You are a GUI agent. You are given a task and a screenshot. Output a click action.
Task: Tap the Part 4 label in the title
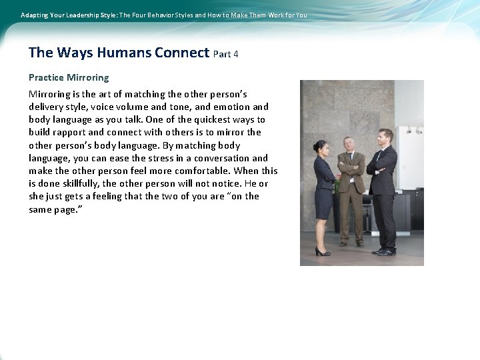[226, 54]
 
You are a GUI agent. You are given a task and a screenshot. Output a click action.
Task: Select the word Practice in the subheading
[46, 77]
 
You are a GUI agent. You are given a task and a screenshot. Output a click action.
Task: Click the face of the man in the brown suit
[349, 144]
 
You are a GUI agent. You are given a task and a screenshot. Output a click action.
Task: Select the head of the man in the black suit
[385, 136]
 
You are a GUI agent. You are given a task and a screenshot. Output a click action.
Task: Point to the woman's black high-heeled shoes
[323, 251]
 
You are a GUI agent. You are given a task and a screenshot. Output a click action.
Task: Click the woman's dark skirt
[324, 203]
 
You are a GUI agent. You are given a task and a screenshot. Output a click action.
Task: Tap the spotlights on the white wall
[413, 130]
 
